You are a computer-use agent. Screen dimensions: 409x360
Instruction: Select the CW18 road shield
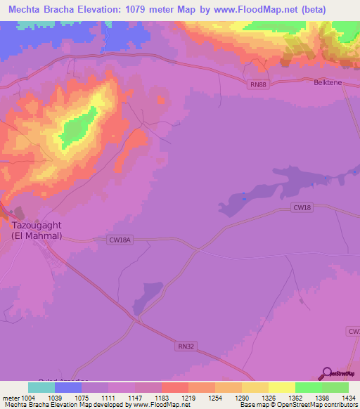[x=302, y=207]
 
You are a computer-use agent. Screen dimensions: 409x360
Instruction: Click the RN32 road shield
[x=184, y=345]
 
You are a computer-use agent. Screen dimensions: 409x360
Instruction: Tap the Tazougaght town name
[x=37, y=226]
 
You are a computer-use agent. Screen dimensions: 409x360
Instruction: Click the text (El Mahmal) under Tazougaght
[x=37, y=236]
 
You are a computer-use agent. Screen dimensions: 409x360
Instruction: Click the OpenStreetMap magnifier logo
[x=327, y=373]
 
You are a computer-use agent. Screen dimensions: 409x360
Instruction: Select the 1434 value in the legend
[x=349, y=398]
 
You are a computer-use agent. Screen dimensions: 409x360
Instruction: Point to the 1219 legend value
[x=188, y=398]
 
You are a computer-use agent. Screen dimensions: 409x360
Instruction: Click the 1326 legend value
[x=268, y=398]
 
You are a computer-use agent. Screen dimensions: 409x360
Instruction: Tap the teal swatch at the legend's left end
[x=41, y=387]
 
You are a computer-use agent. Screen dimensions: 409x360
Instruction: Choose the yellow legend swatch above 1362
[x=281, y=387]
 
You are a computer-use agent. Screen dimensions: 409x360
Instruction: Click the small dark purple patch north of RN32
[x=148, y=298]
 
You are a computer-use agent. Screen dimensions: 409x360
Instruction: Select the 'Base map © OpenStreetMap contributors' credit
[x=297, y=405]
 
